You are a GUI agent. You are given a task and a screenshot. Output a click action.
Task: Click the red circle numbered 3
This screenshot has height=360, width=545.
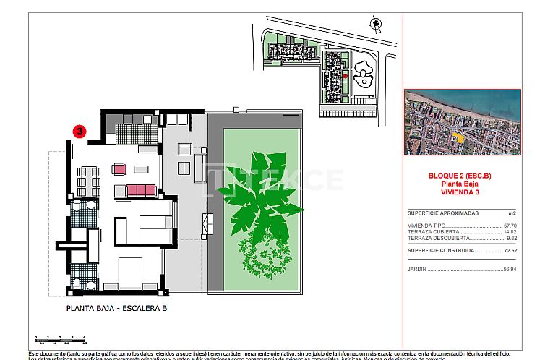(x=80, y=132)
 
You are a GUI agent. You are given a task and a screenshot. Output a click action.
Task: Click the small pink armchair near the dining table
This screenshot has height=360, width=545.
(x=119, y=170)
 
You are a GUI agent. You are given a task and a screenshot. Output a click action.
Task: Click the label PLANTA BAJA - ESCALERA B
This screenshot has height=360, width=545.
(x=116, y=307)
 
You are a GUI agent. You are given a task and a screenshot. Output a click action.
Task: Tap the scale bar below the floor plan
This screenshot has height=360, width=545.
(x=60, y=338)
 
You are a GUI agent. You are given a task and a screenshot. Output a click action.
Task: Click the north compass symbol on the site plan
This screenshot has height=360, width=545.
(x=374, y=24)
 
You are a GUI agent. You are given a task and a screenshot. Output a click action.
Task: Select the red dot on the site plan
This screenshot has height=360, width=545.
(x=345, y=75)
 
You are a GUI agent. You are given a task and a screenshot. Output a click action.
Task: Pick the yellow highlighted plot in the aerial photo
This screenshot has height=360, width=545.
(x=457, y=137)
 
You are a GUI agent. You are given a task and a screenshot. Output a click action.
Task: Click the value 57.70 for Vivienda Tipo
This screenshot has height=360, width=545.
(x=510, y=226)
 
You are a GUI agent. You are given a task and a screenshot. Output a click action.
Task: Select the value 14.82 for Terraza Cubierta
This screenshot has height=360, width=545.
(x=510, y=231)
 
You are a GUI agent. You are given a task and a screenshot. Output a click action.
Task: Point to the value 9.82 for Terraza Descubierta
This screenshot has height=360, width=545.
(x=512, y=238)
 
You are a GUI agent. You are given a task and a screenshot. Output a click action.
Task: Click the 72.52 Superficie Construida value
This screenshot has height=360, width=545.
(x=510, y=250)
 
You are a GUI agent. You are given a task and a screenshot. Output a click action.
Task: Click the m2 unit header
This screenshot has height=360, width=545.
(x=512, y=213)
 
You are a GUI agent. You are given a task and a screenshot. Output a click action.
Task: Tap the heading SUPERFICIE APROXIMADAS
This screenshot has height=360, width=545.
(x=442, y=213)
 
